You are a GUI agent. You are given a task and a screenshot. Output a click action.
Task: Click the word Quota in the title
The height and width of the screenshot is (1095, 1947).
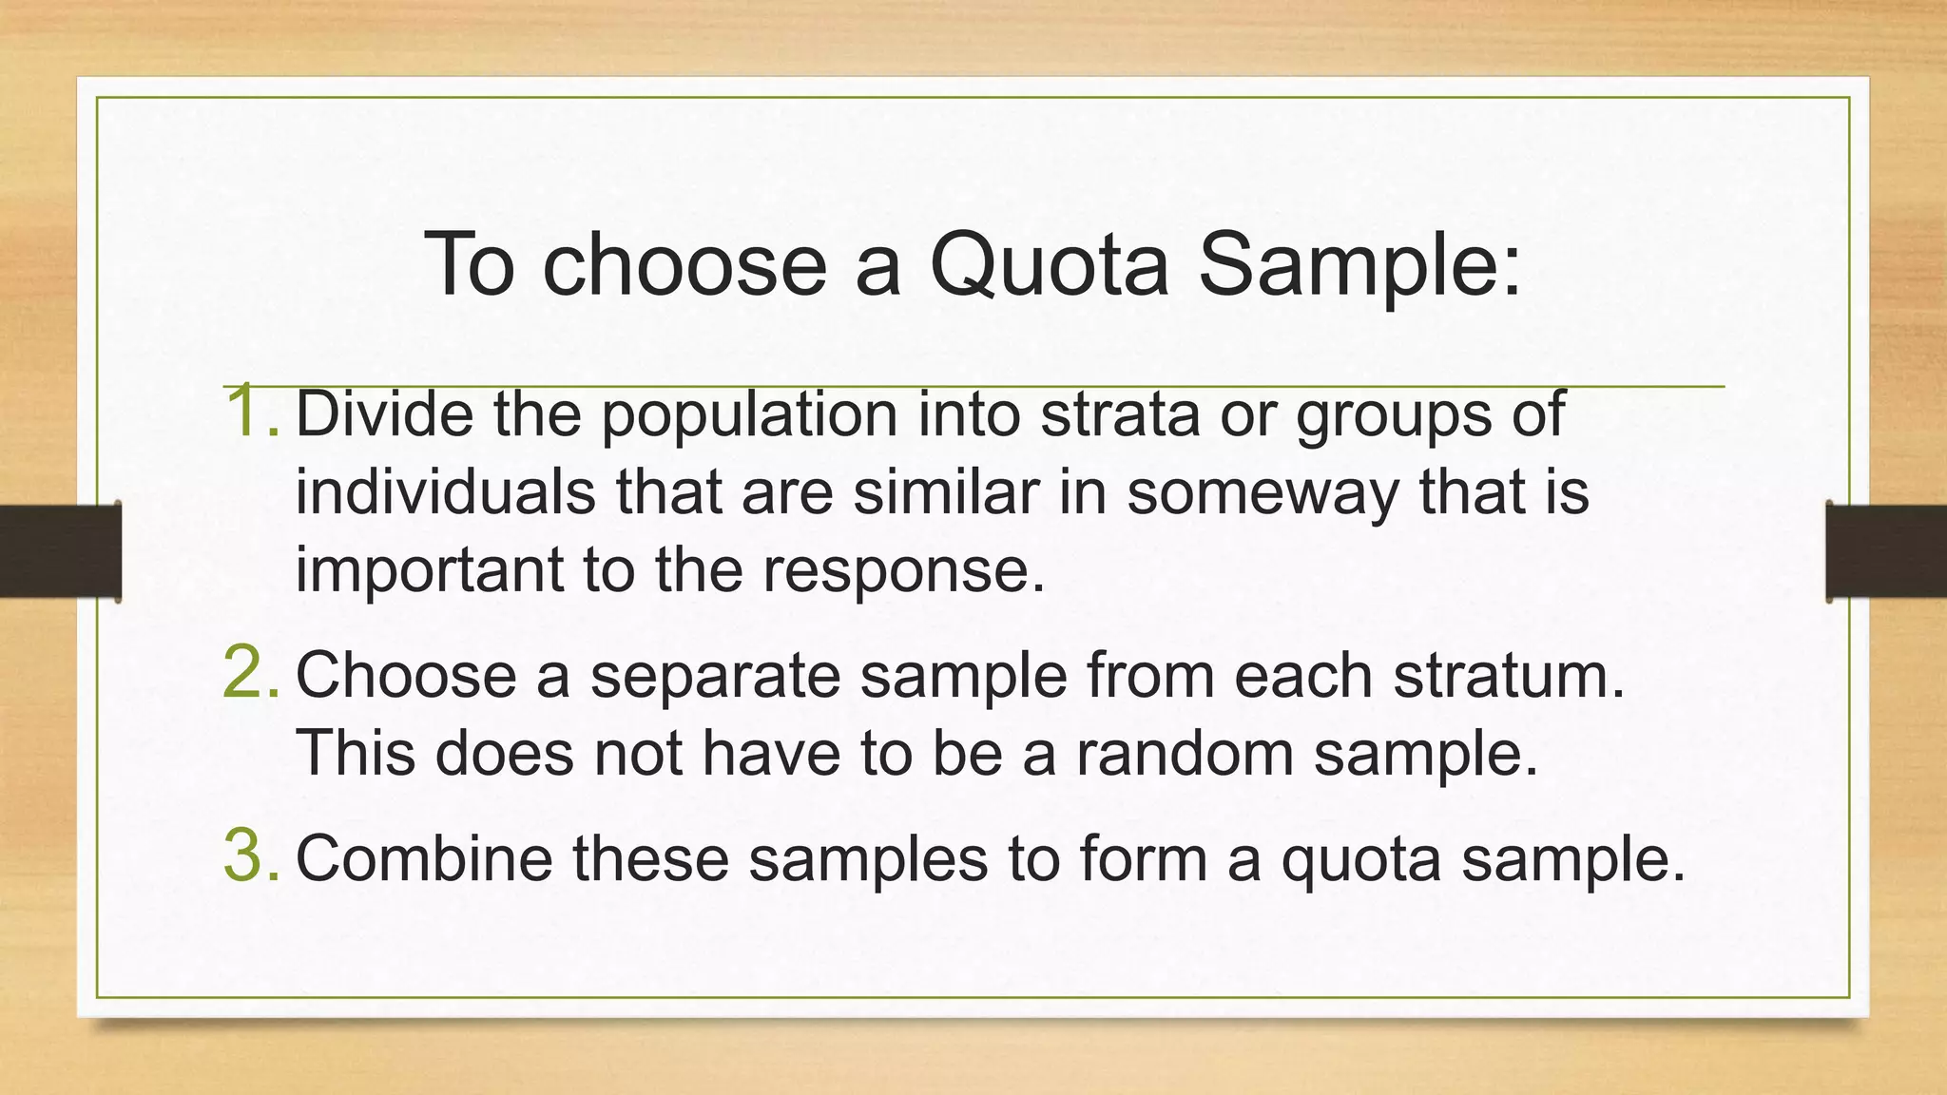click(x=1049, y=265)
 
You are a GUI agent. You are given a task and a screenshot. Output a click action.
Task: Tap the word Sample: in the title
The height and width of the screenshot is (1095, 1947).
click(x=1359, y=265)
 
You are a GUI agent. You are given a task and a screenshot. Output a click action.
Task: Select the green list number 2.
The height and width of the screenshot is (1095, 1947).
click(x=250, y=672)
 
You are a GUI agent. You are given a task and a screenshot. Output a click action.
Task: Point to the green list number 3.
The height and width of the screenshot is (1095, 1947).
click(x=250, y=855)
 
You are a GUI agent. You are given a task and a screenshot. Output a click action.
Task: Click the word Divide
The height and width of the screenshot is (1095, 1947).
click(x=384, y=414)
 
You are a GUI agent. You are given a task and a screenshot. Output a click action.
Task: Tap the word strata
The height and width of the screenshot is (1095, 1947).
click(x=1120, y=414)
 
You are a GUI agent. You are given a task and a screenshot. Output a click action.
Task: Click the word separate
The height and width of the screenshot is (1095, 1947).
click(x=715, y=676)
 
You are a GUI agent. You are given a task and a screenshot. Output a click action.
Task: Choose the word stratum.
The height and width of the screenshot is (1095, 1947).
click(x=1510, y=676)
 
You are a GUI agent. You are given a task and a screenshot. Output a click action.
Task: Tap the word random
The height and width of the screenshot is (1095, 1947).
click(x=1185, y=754)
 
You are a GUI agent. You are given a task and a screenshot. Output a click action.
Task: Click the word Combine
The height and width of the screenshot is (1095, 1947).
click(x=424, y=858)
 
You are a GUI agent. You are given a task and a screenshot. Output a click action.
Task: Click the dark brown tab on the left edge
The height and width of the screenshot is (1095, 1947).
click(x=60, y=551)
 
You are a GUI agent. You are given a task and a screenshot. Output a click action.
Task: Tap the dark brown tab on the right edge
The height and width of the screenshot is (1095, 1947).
click(x=1886, y=551)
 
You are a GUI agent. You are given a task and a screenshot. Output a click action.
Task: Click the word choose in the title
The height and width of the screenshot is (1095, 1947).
click(x=684, y=265)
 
